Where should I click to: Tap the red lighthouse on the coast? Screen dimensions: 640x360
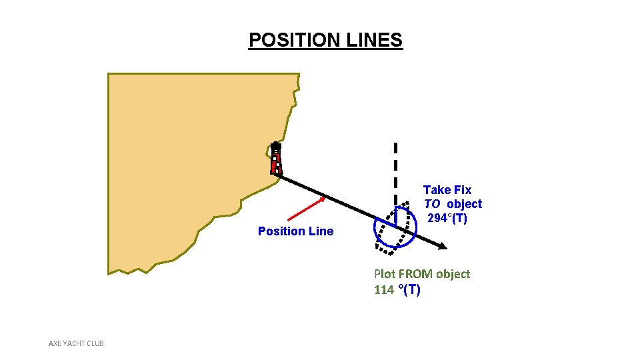276,160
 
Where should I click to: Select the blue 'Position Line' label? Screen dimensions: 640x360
295,231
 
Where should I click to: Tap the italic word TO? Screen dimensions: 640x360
433,204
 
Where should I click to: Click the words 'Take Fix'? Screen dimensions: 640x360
447,190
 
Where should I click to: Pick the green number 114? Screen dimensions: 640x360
385,290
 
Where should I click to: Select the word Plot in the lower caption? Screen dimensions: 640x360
385,274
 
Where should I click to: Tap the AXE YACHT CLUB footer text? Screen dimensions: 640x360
76,343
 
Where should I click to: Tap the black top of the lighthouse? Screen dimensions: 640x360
275,145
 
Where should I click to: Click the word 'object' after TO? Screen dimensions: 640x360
464,204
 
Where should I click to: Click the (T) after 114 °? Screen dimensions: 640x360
411,290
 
